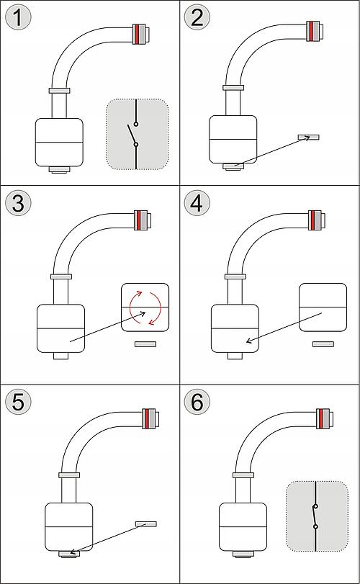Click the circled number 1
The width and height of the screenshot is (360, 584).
click(x=18, y=17)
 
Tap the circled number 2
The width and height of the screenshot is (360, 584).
click(x=197, y=17)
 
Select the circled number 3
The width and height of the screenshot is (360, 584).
click(x=18, y=203)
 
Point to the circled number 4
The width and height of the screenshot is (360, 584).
click(x=197, y=203)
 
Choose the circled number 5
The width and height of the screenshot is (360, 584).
click(x=18, y=402)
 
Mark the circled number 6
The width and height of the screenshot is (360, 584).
click(x=197, y=402)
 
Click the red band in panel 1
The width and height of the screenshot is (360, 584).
click(x=138, y=35)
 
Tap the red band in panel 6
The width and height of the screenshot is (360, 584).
click(x=321, y=418)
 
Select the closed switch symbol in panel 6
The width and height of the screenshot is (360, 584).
click(x=315, y=516)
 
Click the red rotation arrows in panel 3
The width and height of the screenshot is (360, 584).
click(x=145, y=307)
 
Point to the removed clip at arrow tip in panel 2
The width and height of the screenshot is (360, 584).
click(x=309, y=137)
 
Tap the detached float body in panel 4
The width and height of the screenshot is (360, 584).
click(x=323, y=307)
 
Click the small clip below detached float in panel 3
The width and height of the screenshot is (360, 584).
click(x=145, y=344)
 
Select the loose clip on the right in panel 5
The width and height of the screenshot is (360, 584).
click(x=146, y=524)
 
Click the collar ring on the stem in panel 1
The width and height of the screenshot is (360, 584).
click(x=60, y=90)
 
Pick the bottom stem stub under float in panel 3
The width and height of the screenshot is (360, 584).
click(x=60, y=356)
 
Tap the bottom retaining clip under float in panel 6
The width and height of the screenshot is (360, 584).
click(x=243, y=554)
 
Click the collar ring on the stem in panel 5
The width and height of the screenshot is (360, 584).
click(x=69, y=475)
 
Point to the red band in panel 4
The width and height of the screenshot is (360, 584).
click(x=314, y=220)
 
